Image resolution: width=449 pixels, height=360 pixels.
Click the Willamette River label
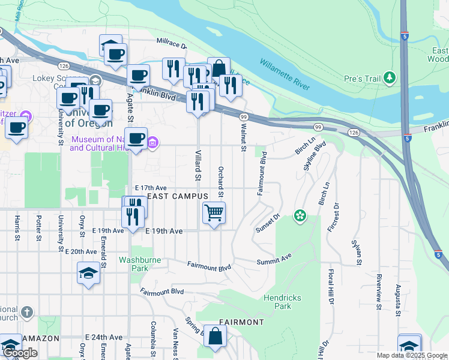tap(285, 75)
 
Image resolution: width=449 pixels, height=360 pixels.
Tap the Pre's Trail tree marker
tap(390, 77)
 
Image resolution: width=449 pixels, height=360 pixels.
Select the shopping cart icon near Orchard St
tap(214, 212)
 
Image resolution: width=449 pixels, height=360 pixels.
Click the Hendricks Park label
tap(277, 302)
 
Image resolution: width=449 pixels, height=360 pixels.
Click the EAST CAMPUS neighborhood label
tap(178, 196)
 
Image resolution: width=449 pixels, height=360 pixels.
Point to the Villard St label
tap(196, 164)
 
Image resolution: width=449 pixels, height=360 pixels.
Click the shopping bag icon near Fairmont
tap(214, 337)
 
